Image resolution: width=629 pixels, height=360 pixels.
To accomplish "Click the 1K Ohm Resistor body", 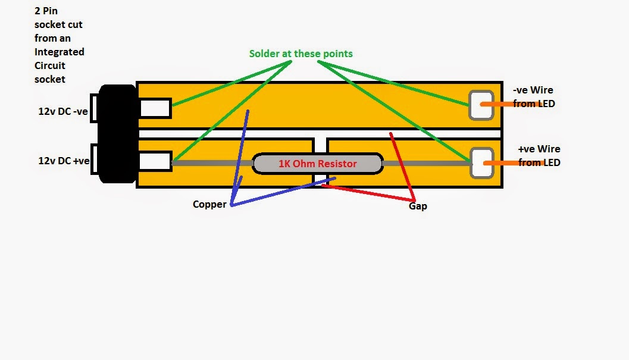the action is (x=317, y=164).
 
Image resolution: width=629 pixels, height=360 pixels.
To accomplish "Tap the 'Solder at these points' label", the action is (x=301, y=54).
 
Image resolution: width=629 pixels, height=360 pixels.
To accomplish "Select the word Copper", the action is (x=209, y=204).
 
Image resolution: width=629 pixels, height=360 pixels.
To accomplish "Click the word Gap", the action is (x=418, y=206).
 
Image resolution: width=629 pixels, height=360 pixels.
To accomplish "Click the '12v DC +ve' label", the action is (x=64, y=161).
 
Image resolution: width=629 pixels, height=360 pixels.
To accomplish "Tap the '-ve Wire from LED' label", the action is (x=533, y=97).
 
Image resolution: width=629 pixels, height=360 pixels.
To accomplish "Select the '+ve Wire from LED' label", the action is (x=539, y=155).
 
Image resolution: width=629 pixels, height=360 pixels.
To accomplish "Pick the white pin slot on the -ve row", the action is (x=155, y=108).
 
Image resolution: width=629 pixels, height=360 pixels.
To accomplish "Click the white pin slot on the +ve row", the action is (x=155, y=161).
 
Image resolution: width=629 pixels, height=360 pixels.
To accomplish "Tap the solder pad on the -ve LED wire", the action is (x=480, y=105).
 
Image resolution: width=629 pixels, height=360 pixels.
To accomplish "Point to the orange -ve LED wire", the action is (x=506, y=104).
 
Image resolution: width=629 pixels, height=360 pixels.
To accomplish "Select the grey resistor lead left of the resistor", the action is (x=212, y=162).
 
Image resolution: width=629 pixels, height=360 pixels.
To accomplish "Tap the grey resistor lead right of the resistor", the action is (x=425, y=162).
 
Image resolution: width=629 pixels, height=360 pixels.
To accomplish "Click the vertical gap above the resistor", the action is (x=321, y=146).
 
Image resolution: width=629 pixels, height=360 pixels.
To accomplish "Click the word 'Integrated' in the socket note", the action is (x=59, y=52).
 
